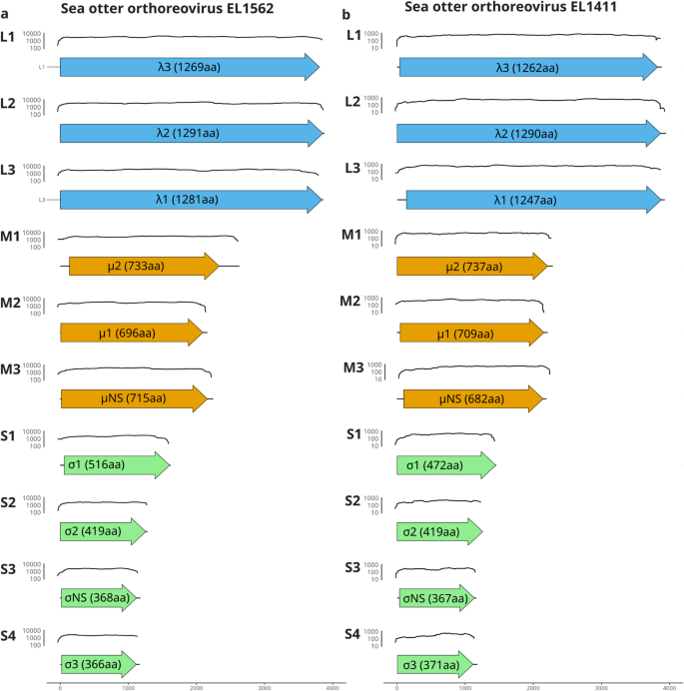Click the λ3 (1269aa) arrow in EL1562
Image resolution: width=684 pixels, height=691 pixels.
190,67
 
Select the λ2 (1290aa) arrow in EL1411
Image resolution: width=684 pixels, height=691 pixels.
529,133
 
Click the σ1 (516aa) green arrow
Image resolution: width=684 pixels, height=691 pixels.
115,464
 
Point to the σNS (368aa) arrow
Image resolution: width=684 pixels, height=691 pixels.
99,598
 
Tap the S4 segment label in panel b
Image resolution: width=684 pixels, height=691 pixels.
352,634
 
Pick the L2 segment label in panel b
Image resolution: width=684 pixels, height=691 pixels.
352,102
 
